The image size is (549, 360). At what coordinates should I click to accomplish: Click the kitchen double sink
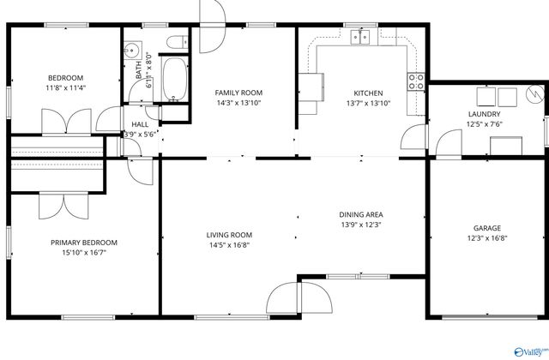365,36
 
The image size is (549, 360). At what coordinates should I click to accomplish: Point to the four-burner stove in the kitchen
416,81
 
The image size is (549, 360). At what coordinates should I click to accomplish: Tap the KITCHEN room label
368,93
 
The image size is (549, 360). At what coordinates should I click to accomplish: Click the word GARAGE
487,228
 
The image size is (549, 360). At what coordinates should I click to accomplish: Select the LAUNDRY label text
485,114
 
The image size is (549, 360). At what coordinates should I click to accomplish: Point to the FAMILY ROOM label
238,93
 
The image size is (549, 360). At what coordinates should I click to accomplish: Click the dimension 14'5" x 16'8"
228,244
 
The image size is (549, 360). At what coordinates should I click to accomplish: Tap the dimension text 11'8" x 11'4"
65,87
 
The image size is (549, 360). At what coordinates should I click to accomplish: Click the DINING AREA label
360,214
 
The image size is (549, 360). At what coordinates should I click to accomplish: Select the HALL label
140,124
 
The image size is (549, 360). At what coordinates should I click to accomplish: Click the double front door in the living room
299,300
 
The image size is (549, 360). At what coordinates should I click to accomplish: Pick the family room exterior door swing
213,13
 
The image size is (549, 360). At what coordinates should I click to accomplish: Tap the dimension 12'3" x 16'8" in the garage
487,237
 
